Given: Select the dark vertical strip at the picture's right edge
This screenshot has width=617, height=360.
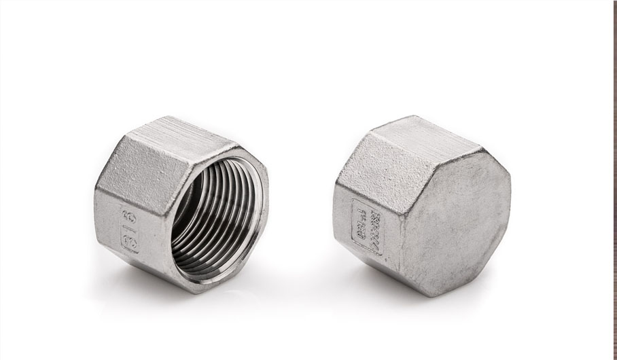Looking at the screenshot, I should (x=614, y=180).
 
